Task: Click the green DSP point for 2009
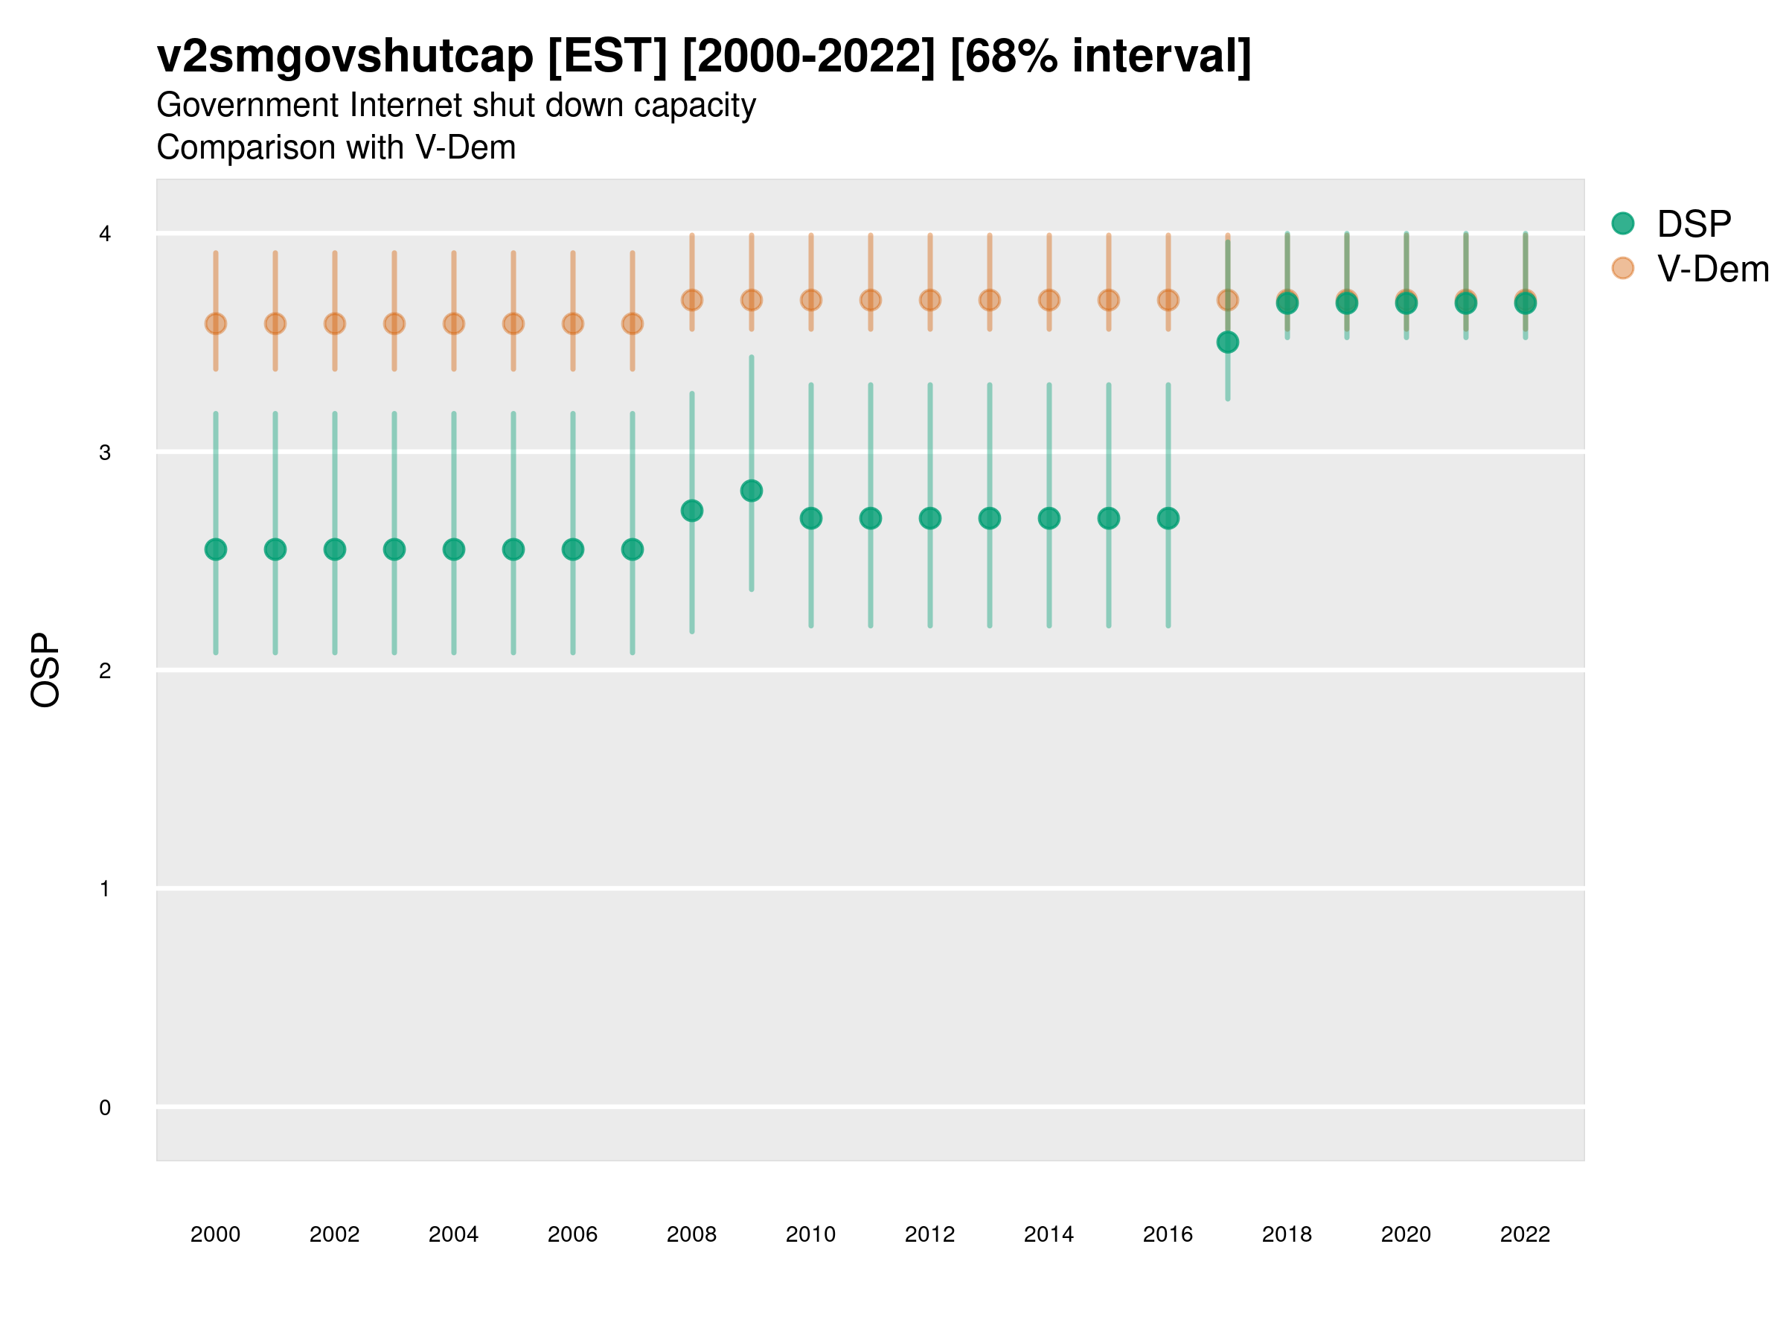751,491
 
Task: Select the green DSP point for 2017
1227,342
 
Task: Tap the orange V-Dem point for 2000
216,324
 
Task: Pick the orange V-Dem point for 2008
692,301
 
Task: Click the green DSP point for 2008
692,511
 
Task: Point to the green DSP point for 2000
216,549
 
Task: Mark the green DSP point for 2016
1168,517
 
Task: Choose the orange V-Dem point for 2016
1168,301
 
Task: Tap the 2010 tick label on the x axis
810,1234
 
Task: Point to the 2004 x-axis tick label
454,1234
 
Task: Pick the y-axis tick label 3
105,453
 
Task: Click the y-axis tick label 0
105,1108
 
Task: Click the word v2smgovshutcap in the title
345,57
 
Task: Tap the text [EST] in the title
607,57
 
